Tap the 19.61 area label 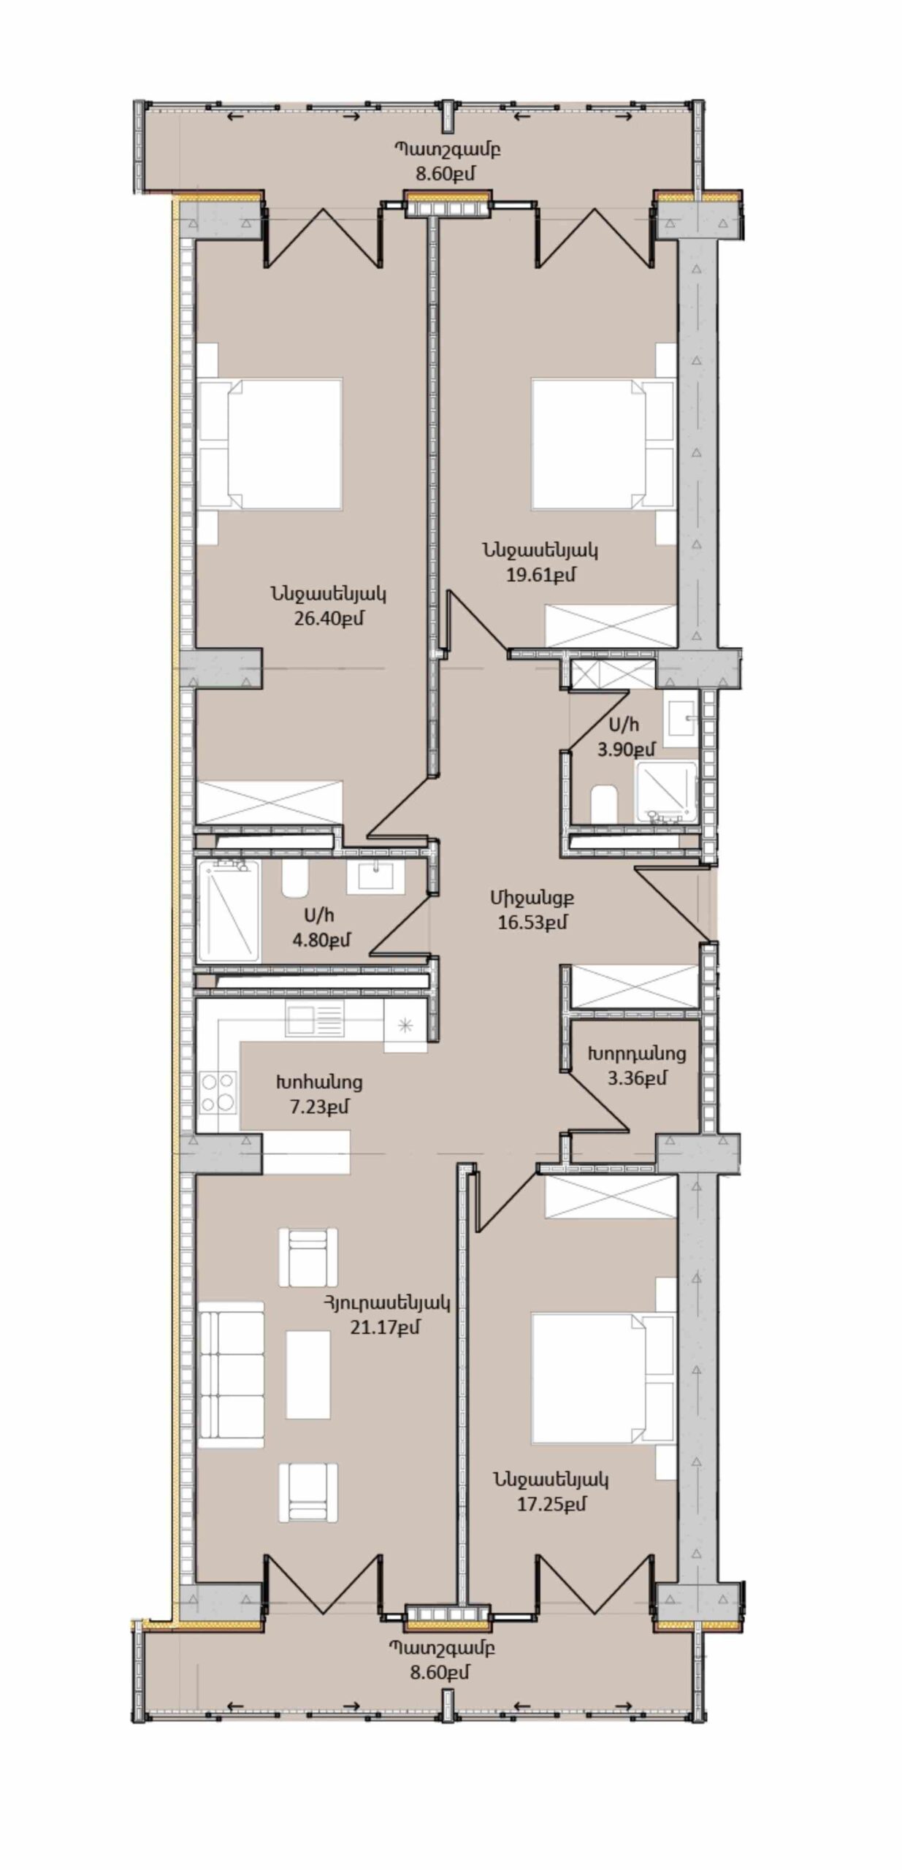tap(540, 575)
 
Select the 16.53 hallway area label tap(532, 922)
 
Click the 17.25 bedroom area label tap(552, 1504)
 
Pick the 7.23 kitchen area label tap(319, 1107)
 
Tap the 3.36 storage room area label tap(637, 1077)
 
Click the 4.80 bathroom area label tap(321, 940)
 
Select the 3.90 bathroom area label tap(626, 749)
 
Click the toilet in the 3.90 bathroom tap(604, 804)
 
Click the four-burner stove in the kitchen tap(218, 1091)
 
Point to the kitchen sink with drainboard tap(315, 1019)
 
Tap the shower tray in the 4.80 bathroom tap(229, 911)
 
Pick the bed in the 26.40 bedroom tap(270, 444)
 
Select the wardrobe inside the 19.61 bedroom tap(611, 625)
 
